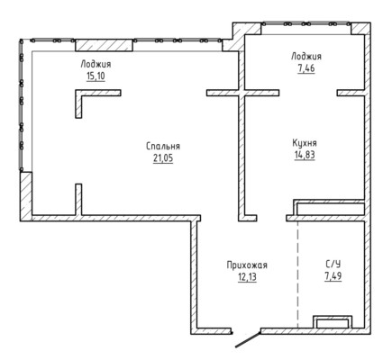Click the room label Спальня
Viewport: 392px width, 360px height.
tap(163, 147)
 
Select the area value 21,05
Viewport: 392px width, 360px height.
tap(163, 158)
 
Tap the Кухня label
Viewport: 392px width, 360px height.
tap(305, 143)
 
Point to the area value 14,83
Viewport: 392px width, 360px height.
tap(305, 155)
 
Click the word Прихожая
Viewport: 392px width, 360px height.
tap(247, 265)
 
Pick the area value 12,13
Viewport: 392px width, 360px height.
tap(247, 277)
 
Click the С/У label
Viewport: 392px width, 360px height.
tap(333, 265)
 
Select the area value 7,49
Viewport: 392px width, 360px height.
tap(333, 276)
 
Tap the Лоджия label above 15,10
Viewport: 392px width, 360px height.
tap(96, 65)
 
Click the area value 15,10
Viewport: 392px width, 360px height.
tap(96, 76)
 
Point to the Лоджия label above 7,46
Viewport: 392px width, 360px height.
tap(306, 57)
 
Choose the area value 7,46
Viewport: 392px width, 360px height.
tap(306, 68)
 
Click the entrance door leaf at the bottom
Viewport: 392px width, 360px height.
tap(248, 340)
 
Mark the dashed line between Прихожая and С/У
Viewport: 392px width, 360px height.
tap(297, 274)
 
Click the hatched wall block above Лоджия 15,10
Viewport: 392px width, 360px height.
tap(104, 45)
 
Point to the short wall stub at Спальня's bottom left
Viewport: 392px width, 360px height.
tap(78, 200)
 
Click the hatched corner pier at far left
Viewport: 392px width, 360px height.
tap(26, 196)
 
